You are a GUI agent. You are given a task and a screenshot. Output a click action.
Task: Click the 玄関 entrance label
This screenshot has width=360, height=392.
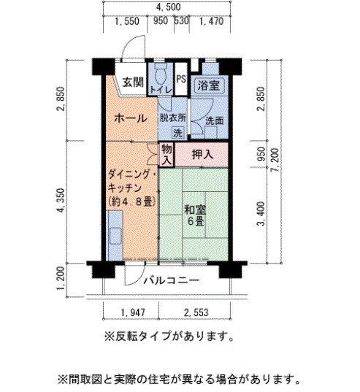132,82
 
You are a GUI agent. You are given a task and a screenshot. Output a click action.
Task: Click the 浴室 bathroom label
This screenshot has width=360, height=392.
208,85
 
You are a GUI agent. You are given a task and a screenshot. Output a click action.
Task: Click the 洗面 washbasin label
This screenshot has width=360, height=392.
214,120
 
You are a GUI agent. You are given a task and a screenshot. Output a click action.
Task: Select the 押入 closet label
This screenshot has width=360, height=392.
202,154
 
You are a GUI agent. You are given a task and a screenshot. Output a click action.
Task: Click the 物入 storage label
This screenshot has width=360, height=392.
166,153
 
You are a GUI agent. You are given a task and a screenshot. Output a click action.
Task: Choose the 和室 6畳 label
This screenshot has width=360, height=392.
194,215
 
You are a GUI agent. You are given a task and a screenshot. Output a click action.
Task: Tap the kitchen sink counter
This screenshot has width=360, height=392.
115,235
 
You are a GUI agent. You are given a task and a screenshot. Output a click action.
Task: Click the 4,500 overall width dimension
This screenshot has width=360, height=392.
169,7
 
